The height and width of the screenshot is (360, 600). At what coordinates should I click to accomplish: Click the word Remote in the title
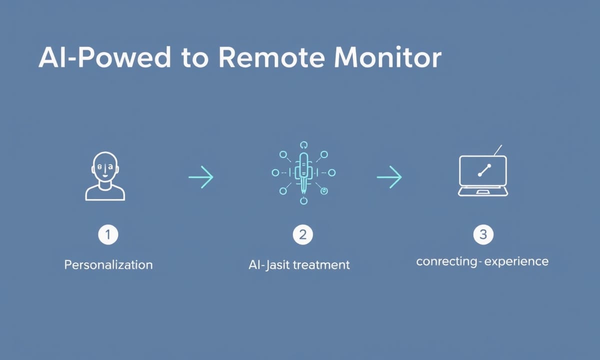pyautogui.click(x=272, y=57)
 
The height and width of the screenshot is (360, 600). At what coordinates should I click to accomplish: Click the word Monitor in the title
pyautogui.click(x=387, y=57)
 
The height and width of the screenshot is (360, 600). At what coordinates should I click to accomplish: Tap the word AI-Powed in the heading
pyautogui.click(x=104, y=57)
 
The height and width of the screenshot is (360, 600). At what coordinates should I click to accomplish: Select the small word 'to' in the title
pyautogui.click(x=195, y=59)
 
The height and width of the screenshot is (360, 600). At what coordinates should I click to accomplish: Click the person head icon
pyautogui.click(x=105, y=176)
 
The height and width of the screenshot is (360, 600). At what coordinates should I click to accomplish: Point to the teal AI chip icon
pyautogui.click(x=303, y=173)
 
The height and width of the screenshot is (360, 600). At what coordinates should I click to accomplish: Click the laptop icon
pyautogui.click(x=483, y=173)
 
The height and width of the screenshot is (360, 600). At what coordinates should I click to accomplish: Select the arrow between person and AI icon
pyautogui.click(x=201, y=177)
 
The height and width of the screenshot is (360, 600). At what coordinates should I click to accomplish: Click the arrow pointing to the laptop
pyautogui.click(x=389, y=177)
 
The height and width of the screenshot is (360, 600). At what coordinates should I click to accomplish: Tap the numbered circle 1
pyautogui.click(x=108, y=234)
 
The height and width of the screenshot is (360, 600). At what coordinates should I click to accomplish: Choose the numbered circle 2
pyautogui.click(x=302, y=234)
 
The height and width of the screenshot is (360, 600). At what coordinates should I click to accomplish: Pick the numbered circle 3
pyautogui.click(x=483, y=234)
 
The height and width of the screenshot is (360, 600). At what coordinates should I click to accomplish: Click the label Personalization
pyautogui.click(x=108, y=265)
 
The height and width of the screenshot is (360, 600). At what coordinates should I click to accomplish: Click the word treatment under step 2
pyautogui.click(x=321, y=265)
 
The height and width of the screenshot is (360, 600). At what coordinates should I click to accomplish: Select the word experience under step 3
pyautogui.click(x=516, y=262)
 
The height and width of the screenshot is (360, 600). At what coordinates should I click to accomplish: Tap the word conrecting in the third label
pyautogui.click(x=446, y=262)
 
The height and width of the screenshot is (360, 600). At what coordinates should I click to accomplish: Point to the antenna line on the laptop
pyautogui.click(x=497, y=150)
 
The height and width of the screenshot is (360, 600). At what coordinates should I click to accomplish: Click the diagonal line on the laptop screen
pyautogui.click(x=484, y=170)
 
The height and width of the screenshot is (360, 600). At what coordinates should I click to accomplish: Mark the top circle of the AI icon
pyautogui.click(x=303, y=145)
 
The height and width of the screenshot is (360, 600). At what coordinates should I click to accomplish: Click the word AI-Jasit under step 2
pyautogui.click(x=269, y=265)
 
